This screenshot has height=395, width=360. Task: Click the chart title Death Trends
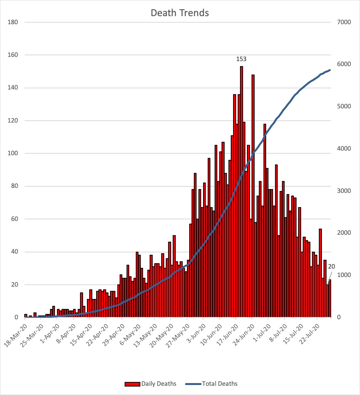180,13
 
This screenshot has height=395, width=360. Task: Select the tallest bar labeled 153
242,192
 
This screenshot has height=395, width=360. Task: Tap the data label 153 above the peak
241,59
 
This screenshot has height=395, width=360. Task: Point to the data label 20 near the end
332,266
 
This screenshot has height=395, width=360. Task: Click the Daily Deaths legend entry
150,383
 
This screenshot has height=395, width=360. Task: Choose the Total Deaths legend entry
211,383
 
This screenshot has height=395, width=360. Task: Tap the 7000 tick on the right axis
344,22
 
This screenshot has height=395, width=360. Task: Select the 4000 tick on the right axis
344,149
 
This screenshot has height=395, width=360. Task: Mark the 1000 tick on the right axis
344,275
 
